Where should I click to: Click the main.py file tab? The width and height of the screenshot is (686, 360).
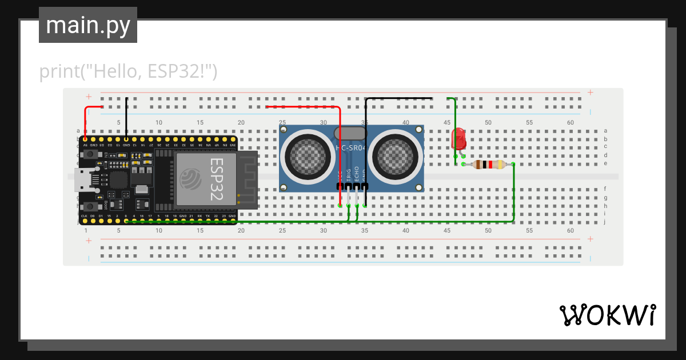click(x=87, y=25)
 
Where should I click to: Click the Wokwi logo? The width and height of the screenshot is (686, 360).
click(x=607, y=315)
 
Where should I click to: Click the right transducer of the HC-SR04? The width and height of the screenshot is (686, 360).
click(x=396, y=154)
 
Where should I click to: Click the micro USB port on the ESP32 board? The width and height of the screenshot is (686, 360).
click(x=82, y=181)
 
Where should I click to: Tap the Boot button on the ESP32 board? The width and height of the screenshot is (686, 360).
click(x=90, y=206)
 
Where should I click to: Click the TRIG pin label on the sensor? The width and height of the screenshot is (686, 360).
click(x=349, y=175)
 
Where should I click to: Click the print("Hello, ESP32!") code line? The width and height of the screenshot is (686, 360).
click(x=128, y=72)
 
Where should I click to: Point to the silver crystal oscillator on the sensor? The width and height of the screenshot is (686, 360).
click(x=350, y=133)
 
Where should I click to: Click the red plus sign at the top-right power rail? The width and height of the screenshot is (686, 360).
click(x=590, y=93)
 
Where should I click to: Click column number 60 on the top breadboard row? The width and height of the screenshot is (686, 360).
click(x=570, y=123)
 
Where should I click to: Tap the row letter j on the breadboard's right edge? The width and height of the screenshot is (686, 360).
click(x=605, y=222)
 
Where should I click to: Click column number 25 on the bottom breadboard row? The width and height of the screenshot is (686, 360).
click(x=282, y=230)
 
